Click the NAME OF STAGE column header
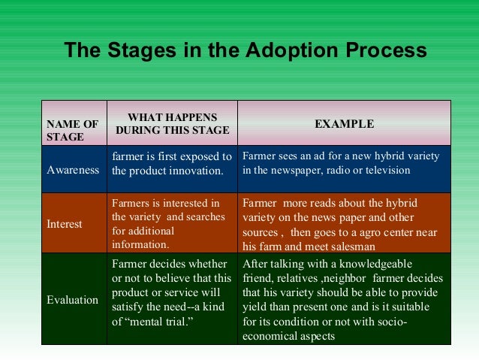click(73, 130)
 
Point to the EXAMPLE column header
click(344, 123)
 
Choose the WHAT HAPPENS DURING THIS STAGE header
click(172, 123)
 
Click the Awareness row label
click(73, 170)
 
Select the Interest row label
click(65, 224)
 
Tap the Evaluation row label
click(73, 299)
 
